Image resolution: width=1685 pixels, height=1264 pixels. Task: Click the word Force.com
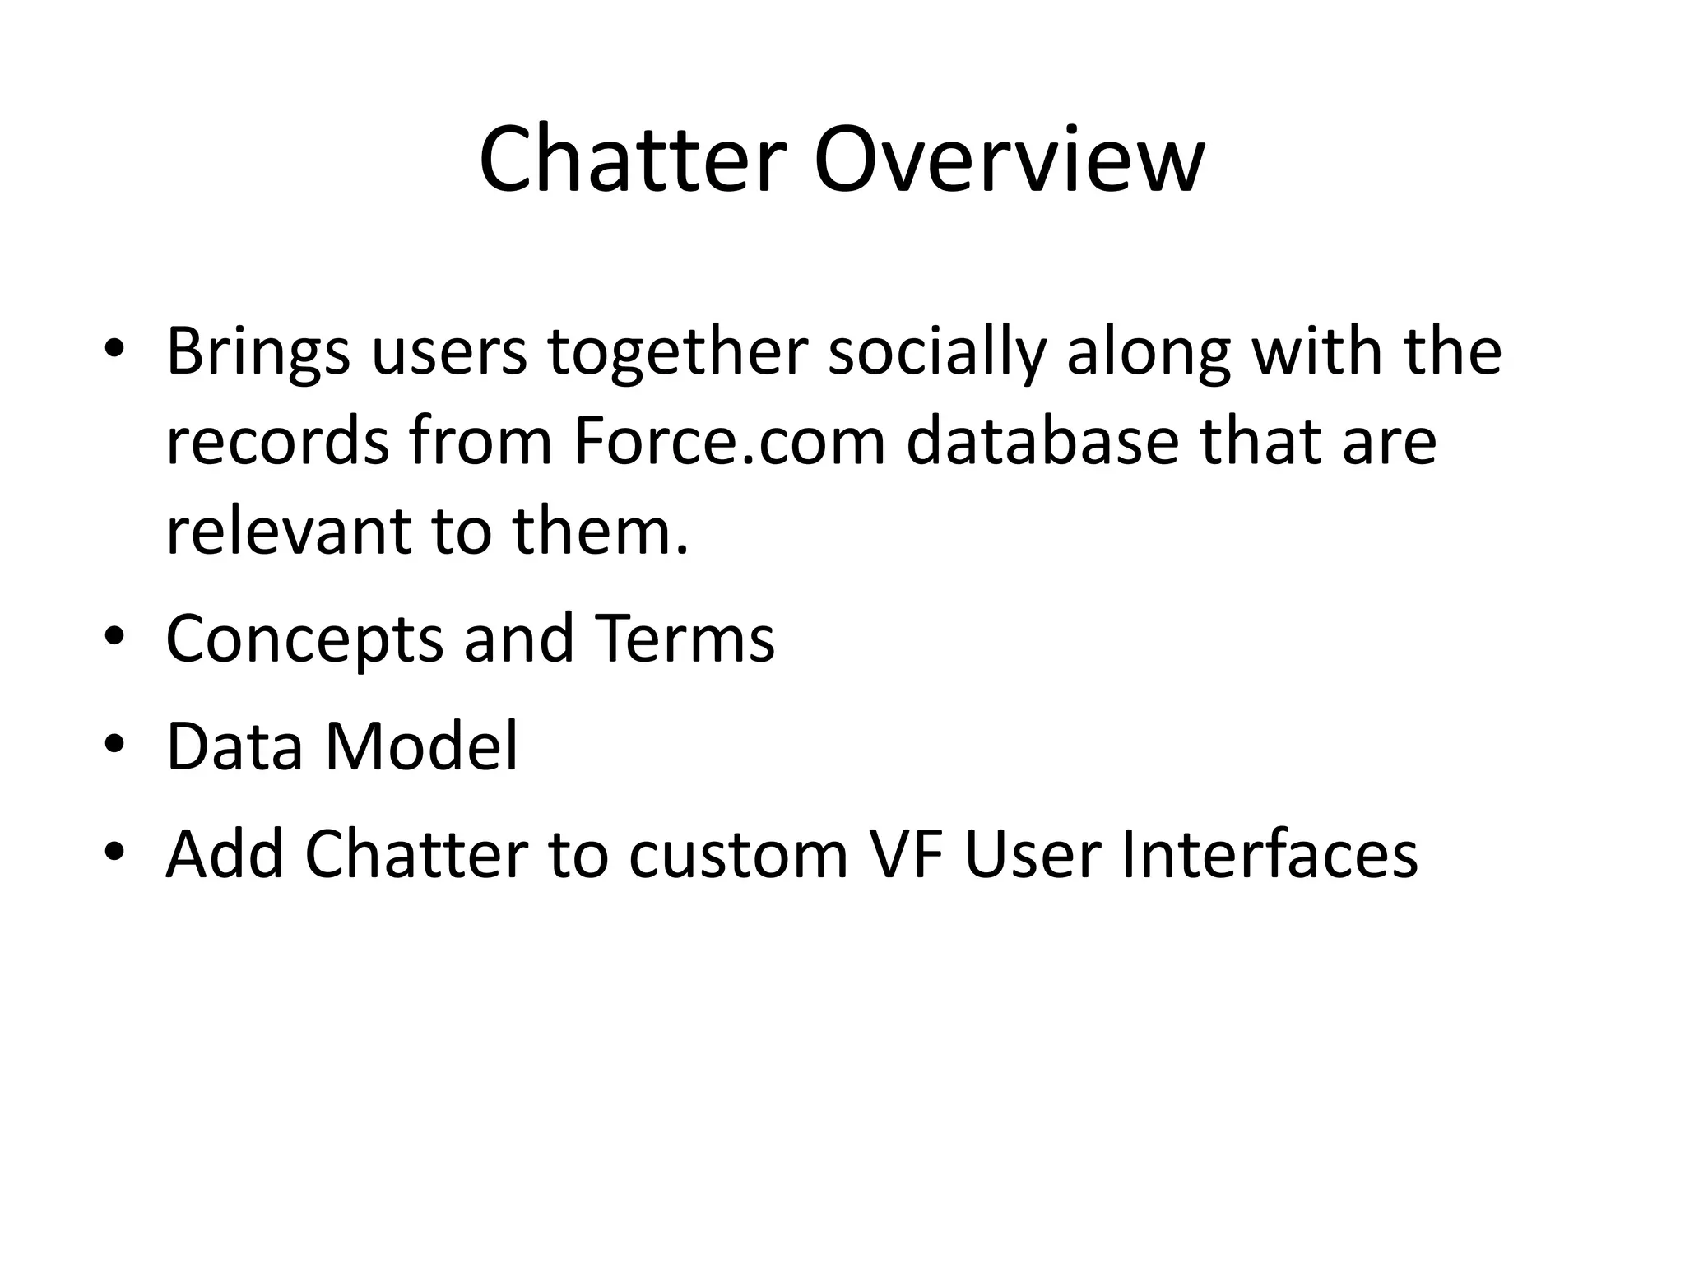[729, 442]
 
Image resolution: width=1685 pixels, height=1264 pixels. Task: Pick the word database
[1042, 442]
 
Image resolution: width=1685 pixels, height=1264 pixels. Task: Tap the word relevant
[288, 531]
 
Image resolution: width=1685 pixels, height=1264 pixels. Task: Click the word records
[277, 442]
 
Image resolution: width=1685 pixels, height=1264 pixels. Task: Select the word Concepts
[304, 640]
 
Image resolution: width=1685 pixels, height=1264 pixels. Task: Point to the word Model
[422, 746]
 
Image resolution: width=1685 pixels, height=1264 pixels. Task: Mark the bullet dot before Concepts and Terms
[114, 636]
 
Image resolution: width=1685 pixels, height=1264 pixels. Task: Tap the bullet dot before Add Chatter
[114, 852]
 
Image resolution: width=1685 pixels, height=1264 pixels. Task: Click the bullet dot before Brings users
[114, 349]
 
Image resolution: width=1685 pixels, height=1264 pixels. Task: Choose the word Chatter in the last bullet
[415, 854]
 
